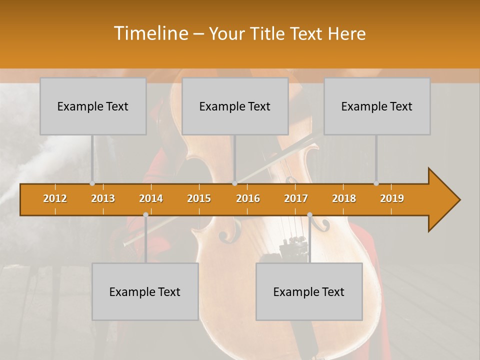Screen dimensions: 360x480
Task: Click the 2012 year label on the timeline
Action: [55, 198]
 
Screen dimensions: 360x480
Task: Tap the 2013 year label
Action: [103, 198]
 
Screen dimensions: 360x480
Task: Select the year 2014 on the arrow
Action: [151, 198]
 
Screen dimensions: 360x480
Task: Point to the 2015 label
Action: [199, 198]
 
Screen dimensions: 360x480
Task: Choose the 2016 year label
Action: [248, 198]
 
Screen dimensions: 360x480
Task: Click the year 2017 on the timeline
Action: [296, 198]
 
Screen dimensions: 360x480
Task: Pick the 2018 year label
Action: [344, 198]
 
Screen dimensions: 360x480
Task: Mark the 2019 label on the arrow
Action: [392, 198]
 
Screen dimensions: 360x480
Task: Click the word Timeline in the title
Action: [150, 33]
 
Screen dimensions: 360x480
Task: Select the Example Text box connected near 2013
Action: [93, 106]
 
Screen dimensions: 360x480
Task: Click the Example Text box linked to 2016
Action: [235, 106]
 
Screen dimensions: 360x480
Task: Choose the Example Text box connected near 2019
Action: [377, 106]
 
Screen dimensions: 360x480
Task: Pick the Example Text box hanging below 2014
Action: [145, 291]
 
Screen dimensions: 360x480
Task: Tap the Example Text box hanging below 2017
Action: [309, 291]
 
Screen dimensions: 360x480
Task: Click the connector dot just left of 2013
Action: [92, 183]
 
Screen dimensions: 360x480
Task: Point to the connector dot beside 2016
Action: [235, 183]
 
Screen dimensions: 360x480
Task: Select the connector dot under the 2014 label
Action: [145, 215]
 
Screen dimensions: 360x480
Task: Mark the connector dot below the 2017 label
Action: [309, 215]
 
